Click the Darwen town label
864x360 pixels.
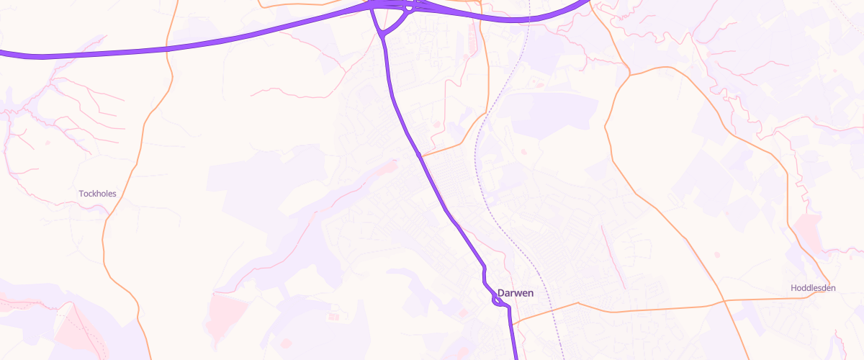[515, 293]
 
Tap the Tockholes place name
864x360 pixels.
[97, 194]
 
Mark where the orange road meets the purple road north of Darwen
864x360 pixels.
[420, 155]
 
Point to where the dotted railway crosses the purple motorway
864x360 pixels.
[528, 19]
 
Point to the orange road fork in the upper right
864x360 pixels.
[629, 73]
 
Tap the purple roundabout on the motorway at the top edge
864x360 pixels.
[409, 9]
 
